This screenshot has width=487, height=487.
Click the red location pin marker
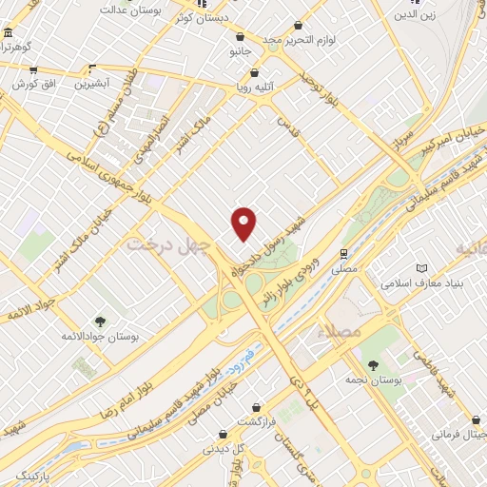(x=244, y=223)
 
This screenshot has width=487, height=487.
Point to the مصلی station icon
(x=343, y=255)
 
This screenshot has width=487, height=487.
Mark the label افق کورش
(x=29, y=84)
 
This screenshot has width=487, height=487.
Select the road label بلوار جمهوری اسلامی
(x=110, y=170)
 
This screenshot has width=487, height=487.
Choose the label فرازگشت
(x=256, y=420)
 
